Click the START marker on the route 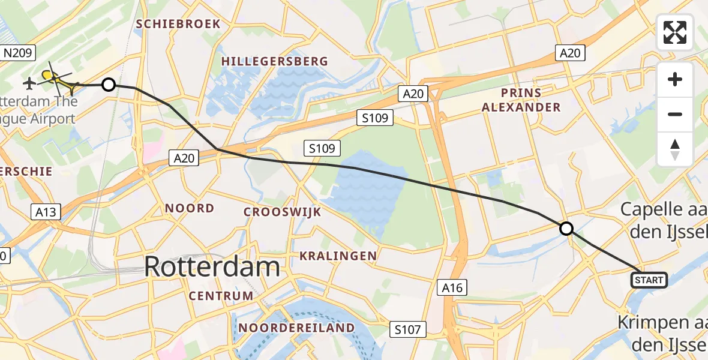coord(649,280)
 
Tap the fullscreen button coord(675,32)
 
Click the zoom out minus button coord(675,114)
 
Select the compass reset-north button coord(675,149)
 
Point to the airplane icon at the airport coord(29,82)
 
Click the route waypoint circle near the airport coord(109,85)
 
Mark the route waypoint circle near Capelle coord(566,229)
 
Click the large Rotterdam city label coord(212,266)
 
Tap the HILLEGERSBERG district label coord(275,61)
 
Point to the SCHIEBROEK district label coord(178,24)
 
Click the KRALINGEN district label coord(338,256)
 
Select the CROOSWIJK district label coord(282,212)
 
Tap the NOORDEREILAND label coord(296,328)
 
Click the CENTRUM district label coord(221,296)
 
